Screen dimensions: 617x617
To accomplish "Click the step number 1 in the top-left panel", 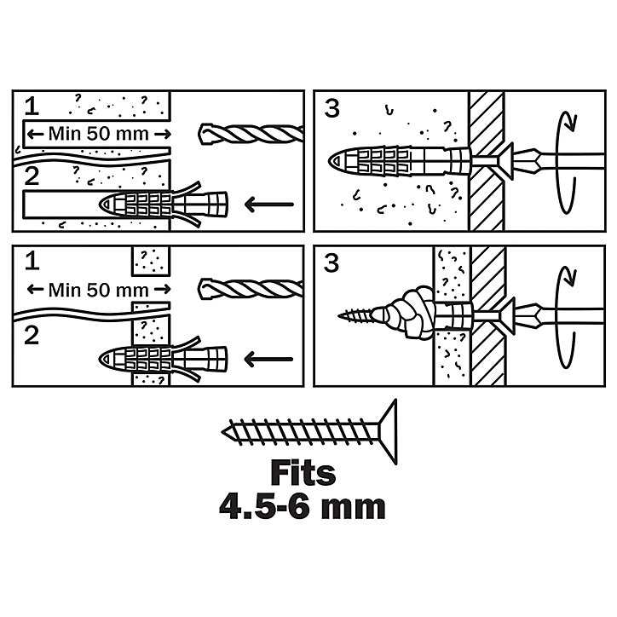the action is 32,107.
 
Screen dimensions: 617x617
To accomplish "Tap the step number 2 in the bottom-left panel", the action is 32,336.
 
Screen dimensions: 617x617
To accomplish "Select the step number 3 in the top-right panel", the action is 332,108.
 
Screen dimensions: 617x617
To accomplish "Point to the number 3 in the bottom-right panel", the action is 332,263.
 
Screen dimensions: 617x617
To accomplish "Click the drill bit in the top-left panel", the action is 251,134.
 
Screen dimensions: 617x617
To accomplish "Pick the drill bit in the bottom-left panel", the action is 251,289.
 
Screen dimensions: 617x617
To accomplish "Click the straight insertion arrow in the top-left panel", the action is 269,205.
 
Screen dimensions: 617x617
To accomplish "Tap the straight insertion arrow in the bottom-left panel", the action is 268,360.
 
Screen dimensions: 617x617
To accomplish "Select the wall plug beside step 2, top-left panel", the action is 164,205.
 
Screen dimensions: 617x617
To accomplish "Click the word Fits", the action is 303,473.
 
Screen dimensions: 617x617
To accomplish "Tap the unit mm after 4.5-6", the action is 353,508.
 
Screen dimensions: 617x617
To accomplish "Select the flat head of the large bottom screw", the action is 389,432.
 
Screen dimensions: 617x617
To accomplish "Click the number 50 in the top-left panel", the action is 98,134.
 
